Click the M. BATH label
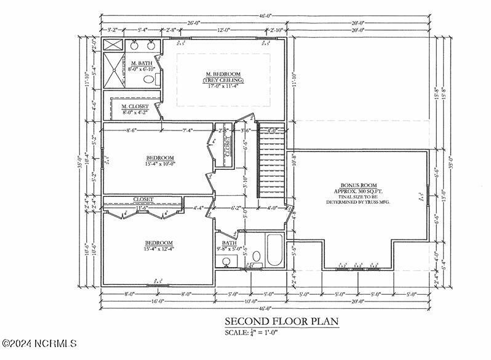pyautogui.click(x=142, y=63)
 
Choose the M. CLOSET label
pyautogui.click(x=134, y=106)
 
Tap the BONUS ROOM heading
pyautogui.click(x=359, y=185)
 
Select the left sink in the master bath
pyautogui.click(x=134, y=46)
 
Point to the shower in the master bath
pyautogui.click(x=114, y=73)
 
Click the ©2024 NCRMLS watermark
pyautogui.click(x=38, y=343)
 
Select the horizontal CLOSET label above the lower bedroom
pyautogui.click(x=143, y=199)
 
